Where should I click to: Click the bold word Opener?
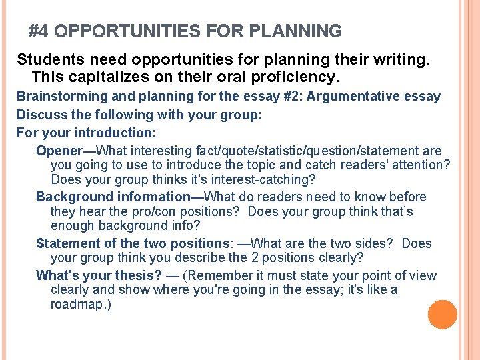click(x=58, y=151)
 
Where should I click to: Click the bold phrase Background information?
click(x=113, y=197)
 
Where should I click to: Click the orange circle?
click(x=442, y=315)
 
